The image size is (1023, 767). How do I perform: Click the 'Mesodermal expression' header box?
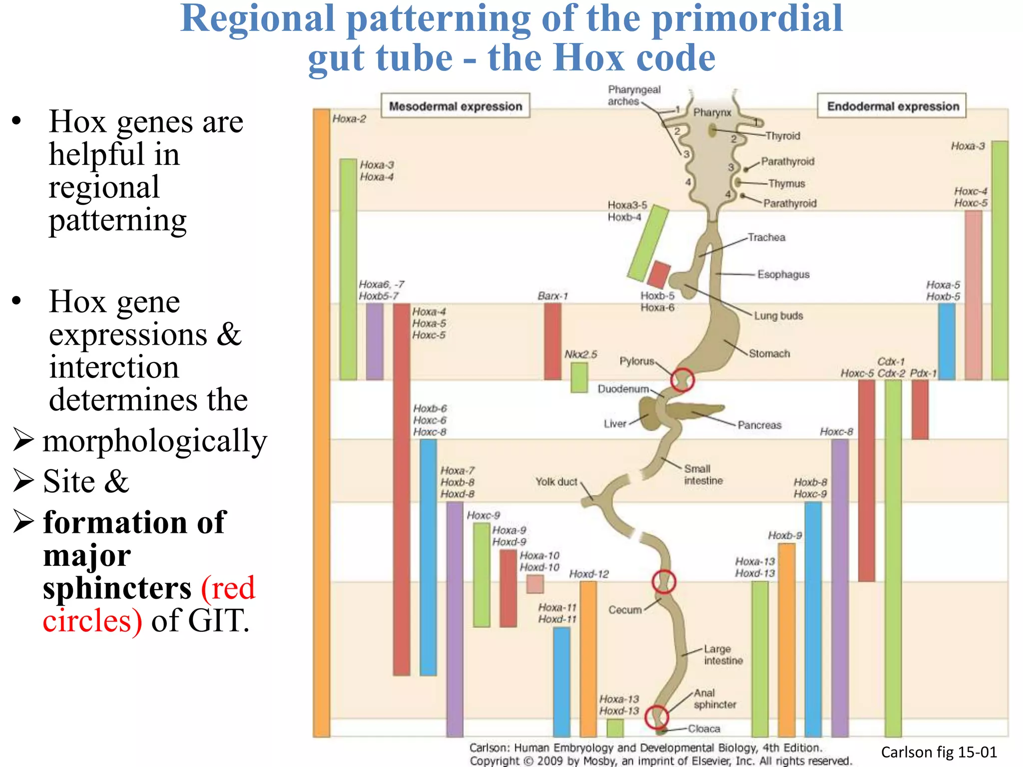pos(455,106)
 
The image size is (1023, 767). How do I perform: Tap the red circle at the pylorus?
pos(682,380)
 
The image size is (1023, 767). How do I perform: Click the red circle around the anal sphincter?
pos(656,717)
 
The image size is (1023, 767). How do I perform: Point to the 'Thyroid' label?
pos(783,136)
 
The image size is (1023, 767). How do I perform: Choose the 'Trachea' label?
pos(766,237)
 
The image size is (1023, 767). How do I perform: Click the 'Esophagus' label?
pos(783,274)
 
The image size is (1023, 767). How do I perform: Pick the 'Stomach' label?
pos(769,354)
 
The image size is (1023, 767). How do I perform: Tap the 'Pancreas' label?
pos(759,425)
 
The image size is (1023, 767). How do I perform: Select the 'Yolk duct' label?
pos(556,482)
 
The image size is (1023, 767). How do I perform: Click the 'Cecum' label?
pos(625,610)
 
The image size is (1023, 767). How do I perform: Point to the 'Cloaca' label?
pos(704,729)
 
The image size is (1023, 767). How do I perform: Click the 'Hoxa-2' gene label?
pos(349,119)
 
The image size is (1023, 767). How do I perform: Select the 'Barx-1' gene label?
pos(552,296)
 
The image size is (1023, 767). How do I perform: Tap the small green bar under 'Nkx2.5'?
pos(579,378)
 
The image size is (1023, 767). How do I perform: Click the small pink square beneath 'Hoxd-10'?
pos(535,584)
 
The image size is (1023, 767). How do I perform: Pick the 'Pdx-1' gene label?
pos(923,373)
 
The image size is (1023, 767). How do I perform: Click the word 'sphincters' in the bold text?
pos(117,588)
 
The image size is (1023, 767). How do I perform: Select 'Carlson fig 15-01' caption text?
pos(939,752)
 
